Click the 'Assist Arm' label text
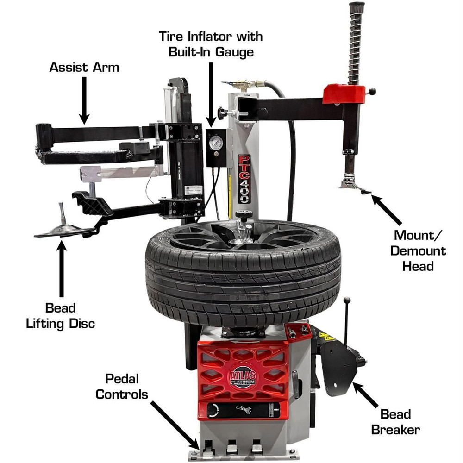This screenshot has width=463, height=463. pos(84,67)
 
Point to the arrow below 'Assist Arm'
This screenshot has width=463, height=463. pos(84,99)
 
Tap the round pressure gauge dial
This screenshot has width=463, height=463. pos(215,143)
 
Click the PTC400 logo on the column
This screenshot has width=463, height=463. pos(244,178)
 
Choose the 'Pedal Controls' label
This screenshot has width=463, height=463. pos(125,388)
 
